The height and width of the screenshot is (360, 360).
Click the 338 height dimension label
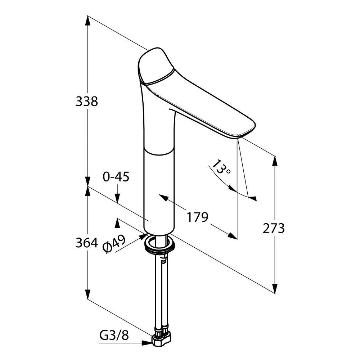87,101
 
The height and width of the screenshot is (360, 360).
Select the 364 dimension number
87,243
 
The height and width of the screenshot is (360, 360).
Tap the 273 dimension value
274,228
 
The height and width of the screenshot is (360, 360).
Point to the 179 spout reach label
197,217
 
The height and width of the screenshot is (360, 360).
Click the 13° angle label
221,167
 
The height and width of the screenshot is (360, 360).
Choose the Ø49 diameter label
114,244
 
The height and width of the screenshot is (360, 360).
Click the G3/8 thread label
114,336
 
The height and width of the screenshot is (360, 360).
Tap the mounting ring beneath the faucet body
160,244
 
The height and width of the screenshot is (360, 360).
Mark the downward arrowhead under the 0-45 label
117,198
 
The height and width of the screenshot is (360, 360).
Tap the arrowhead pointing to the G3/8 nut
147,343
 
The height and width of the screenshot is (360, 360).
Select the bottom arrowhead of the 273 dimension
275,288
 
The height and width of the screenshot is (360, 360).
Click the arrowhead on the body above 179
163,197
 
